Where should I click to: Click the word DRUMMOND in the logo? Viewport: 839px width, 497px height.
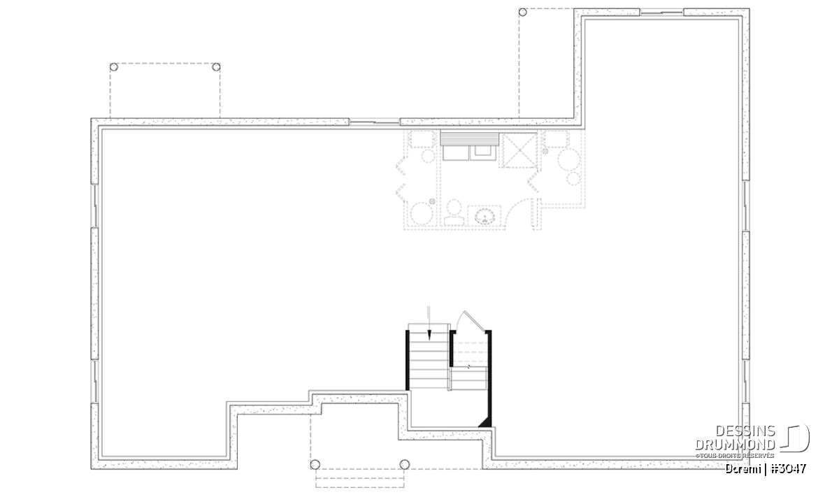coord(735,445)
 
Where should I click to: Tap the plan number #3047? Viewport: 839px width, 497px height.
coord(789,469)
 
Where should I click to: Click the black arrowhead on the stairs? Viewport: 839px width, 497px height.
coord(429,335)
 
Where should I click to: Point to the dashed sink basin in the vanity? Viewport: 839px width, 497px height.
coord(485,217)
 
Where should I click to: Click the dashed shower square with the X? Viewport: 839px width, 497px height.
coord(519,150)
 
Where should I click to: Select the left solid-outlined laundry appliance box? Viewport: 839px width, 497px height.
coord(455,153)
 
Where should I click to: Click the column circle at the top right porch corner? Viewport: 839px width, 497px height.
coord(522,13)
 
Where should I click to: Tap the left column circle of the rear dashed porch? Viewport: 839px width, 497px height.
coord(114,67)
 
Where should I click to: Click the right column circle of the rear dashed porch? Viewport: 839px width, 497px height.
coord(216,67)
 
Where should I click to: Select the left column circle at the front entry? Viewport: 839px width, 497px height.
coord(315,464)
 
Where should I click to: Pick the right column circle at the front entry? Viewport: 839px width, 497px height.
coord(405,464)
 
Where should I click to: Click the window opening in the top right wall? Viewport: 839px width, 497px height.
coord(662,13)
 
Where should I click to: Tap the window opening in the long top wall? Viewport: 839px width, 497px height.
coord(375,122)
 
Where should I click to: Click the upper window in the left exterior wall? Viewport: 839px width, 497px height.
coord(95,206)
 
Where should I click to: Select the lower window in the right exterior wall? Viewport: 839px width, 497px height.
coord(746,381)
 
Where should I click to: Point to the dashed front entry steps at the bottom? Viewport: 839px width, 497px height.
coord(359,478)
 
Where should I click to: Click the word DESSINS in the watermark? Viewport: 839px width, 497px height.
coord(745,431)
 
